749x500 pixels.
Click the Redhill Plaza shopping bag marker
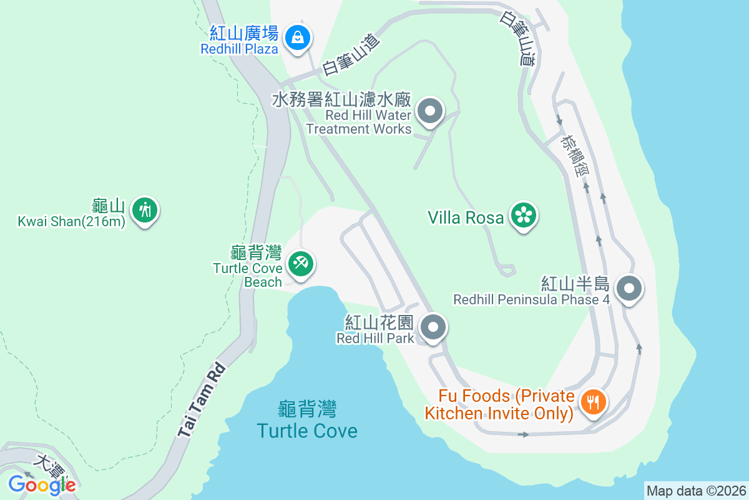[298, 37]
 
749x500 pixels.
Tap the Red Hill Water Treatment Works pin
[429, 112]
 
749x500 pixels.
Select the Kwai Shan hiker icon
[145, 210]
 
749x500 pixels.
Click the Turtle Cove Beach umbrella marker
[301, 263]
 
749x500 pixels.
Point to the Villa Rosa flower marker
[524, 216]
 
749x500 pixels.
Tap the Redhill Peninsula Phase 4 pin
[629, 289]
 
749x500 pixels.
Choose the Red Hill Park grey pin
[432, 327]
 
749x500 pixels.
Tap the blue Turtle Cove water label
[307, 431]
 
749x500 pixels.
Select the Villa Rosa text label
[466, 217]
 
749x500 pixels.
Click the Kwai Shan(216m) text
[71, 221]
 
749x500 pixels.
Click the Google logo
[42, 484]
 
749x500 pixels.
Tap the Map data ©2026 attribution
[695, 491]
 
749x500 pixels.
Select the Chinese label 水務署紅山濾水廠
[341, 99]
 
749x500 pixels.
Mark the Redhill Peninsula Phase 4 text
[532, 299]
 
